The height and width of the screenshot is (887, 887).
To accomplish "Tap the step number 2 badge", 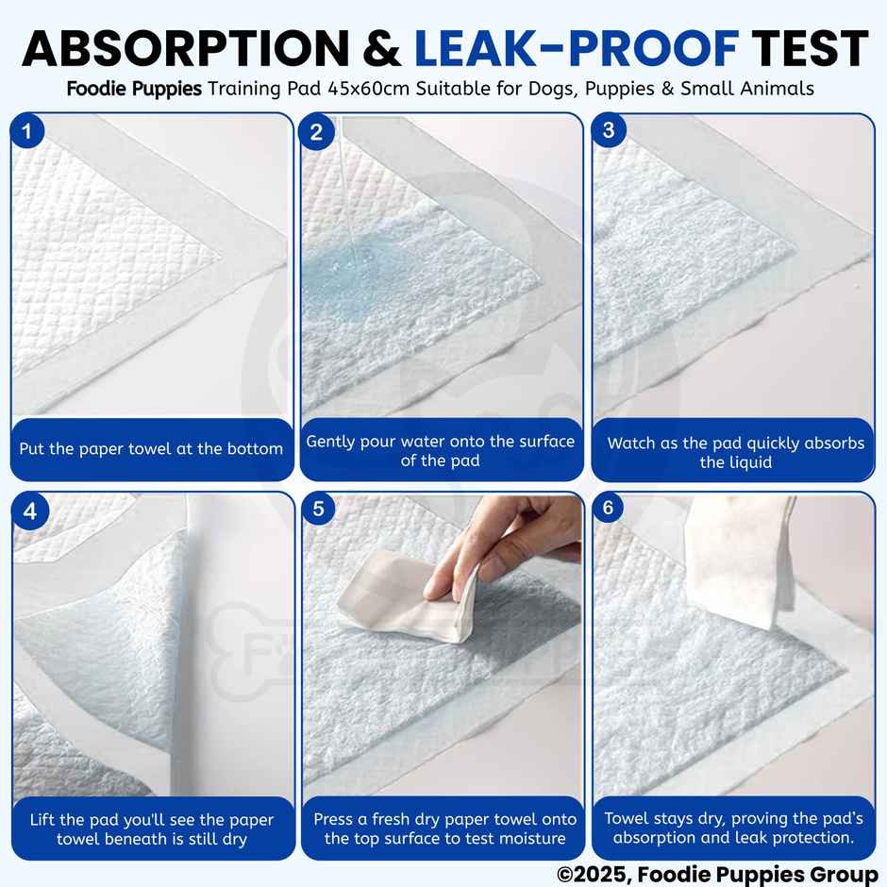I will pos(316,131).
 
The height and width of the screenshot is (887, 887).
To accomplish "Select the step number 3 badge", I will pos(608,130).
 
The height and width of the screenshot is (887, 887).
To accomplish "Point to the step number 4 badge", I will pos(30,510).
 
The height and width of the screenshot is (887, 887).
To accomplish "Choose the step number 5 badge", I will pos(318,510).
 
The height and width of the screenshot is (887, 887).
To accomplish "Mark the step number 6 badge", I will pos(608,509).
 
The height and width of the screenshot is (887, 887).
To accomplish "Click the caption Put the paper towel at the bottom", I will pos(151,449).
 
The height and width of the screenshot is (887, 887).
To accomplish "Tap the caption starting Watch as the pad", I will pos(735,452).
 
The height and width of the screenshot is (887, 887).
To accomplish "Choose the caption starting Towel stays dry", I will pos(733,828).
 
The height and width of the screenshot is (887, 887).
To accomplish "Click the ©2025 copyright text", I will pos(717,875).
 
